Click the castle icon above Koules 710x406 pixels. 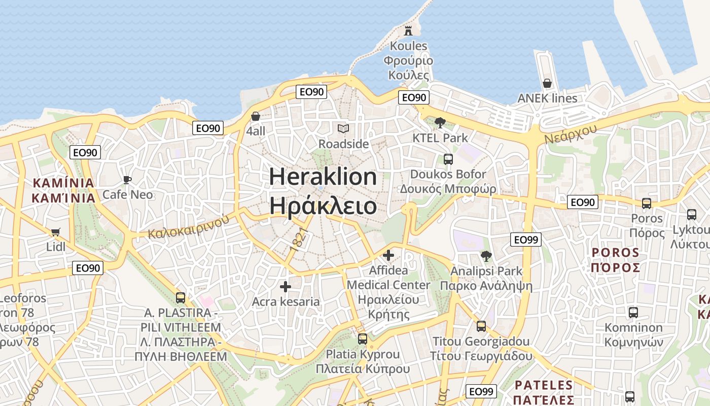(408, 31)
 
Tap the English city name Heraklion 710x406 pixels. (323, 177)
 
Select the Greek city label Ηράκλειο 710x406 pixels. (323, 206)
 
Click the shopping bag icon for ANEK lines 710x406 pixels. (547, 83)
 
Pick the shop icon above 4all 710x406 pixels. (256, 116)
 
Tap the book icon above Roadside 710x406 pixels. (343, 129)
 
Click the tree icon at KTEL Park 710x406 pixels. (440, 123)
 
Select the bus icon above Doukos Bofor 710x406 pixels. (448, 159)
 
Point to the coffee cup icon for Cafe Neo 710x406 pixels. (127, 180)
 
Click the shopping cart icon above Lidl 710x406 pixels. (56, 232)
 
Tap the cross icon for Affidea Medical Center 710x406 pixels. (388, 255)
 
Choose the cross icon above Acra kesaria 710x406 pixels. (286, 287)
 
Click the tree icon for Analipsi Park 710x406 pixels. (486, 256)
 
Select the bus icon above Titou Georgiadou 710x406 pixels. (481, 326)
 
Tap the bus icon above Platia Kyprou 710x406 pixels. (362, 339)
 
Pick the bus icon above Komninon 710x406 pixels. (633, 313)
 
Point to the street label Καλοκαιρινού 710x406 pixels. (189, 227)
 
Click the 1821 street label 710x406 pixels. (300, 241)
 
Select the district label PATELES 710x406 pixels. (543, 385)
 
